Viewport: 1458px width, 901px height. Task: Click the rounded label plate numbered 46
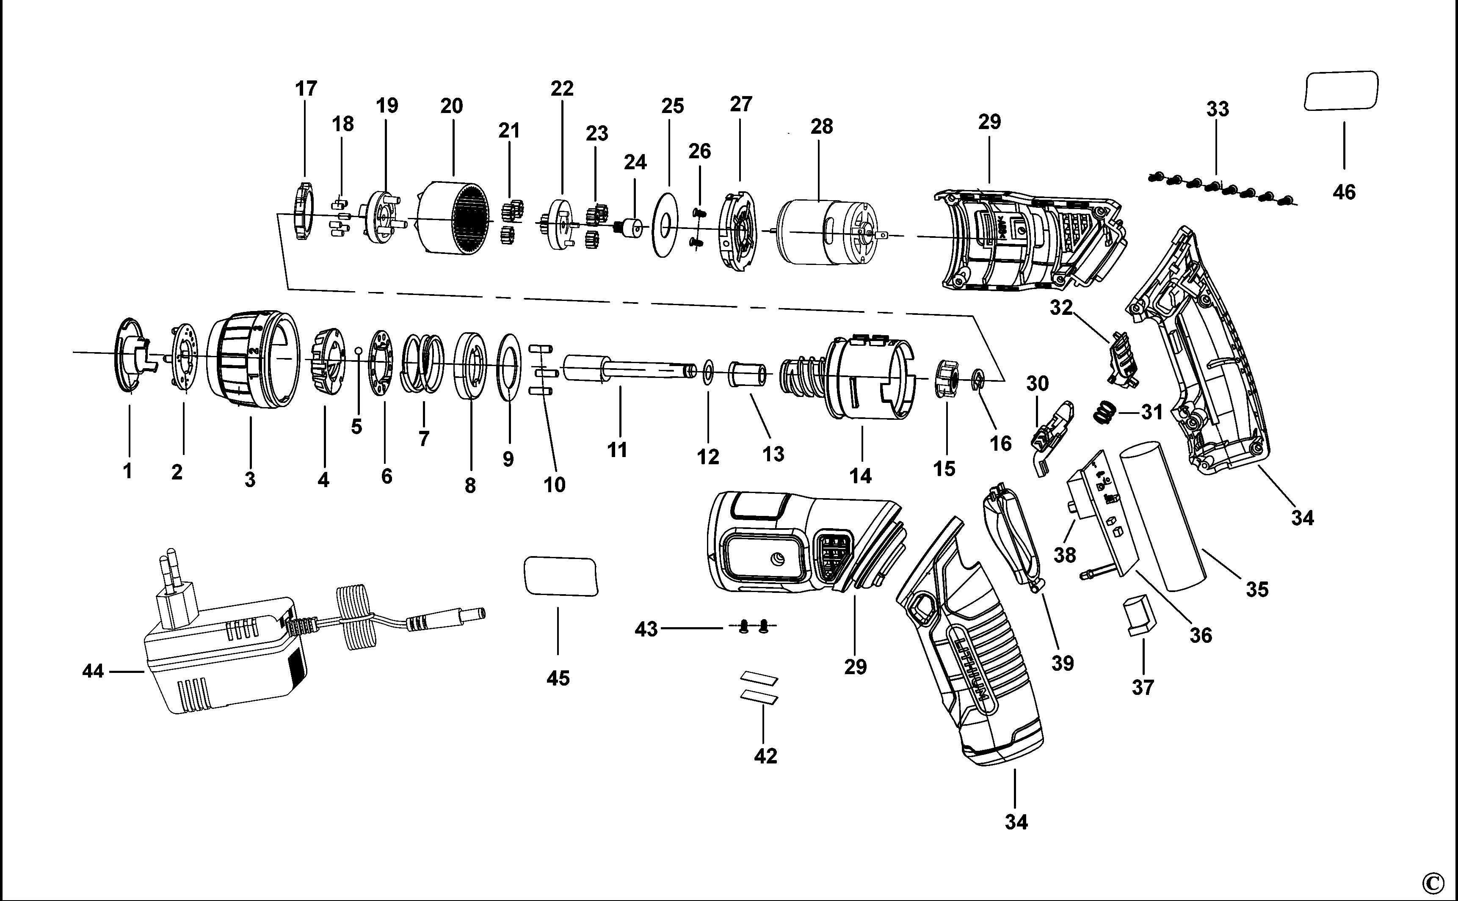point(1341,91)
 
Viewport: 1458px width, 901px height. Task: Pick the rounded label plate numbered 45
point(561,576)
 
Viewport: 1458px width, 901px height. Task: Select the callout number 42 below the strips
point(765,756)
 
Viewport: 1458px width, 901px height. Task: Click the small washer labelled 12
point(708,373)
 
